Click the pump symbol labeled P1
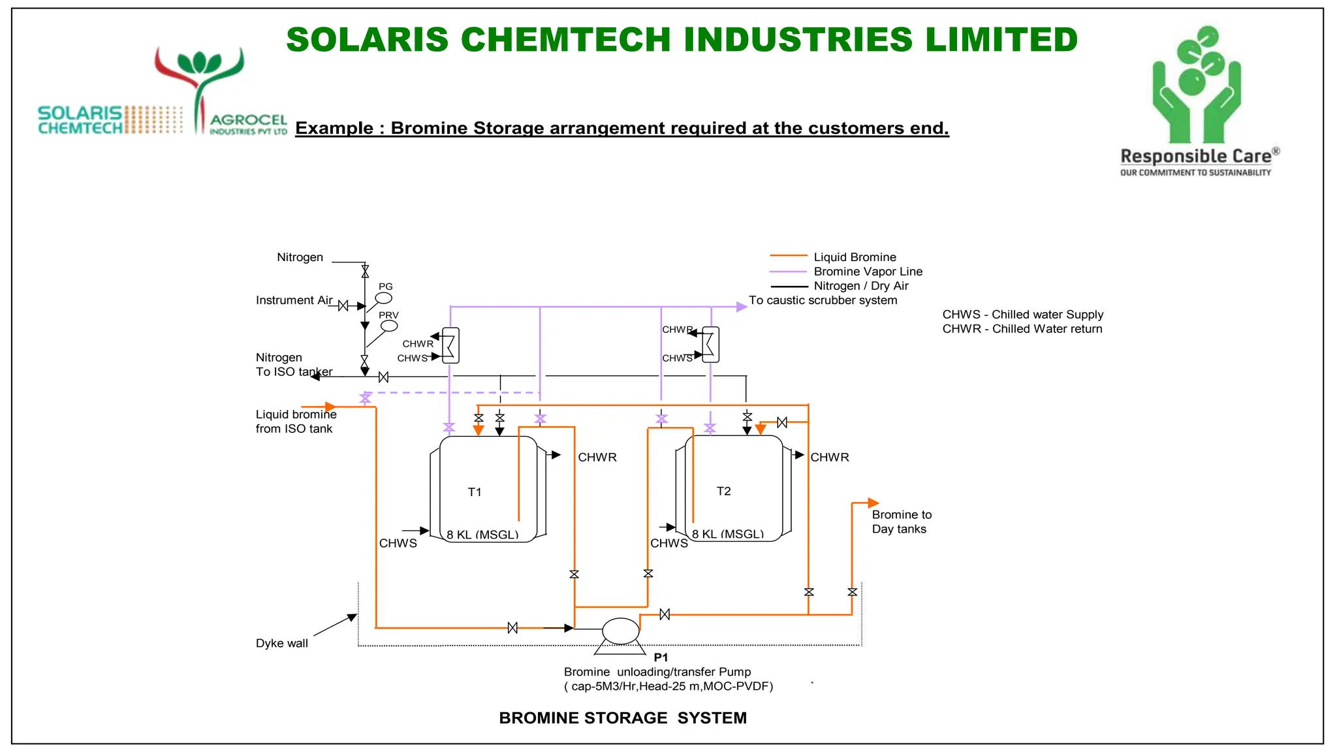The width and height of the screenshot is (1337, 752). click(620, 631)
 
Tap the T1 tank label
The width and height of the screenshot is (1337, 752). click(475, 492)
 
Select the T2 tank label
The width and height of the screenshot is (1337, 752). click(723, 491)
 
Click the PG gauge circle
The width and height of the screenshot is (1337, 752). click(384, 298)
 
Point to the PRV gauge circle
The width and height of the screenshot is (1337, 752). click(389, 325)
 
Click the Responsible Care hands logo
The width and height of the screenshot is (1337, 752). click(1196, 85)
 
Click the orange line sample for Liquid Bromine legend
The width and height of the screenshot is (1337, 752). click(789, 256)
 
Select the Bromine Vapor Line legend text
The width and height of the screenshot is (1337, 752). click(868, 272)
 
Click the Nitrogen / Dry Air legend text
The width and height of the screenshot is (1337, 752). click(860, 286)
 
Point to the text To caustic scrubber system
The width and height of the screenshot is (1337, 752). click(823, 300)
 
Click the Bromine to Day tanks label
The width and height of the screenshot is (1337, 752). click(901, 522)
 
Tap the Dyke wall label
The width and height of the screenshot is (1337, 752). click(281, 643)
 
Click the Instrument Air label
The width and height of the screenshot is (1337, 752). click(294, 300)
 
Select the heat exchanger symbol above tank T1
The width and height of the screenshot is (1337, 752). click(450, 345)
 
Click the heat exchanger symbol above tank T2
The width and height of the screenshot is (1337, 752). click(710, 345)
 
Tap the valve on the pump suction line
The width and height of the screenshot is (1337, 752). click(512, 628)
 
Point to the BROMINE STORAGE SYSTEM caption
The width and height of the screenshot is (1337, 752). click(622, 717)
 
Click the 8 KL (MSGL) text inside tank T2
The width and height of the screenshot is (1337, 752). click(727, 534)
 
